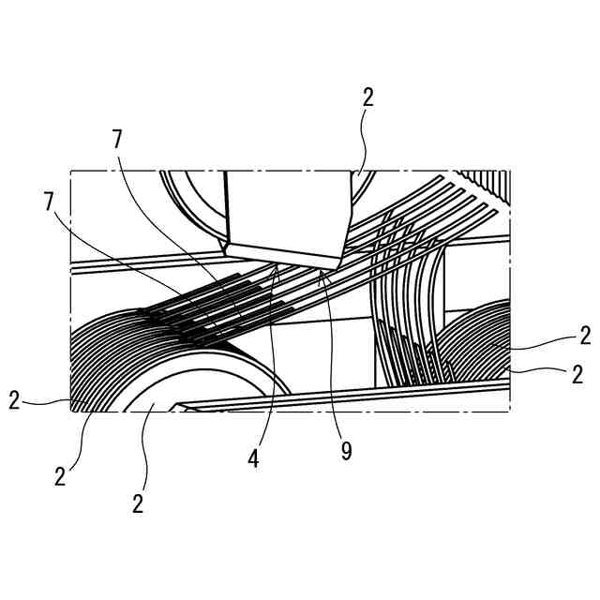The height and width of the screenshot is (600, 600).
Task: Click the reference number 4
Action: (254, 459)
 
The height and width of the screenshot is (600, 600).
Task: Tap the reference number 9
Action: (346, 452)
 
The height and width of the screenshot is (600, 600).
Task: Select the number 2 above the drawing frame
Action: (368, 98)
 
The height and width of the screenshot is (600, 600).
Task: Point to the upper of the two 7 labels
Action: (117, 139)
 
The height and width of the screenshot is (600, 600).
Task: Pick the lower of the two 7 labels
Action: (50, 201)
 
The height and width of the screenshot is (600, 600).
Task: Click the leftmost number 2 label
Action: (15, 400)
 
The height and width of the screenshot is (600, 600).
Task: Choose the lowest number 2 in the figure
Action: (138, 503)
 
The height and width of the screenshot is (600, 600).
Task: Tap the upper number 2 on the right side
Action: (585, 336)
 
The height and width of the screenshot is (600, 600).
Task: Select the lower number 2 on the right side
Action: (577, 375)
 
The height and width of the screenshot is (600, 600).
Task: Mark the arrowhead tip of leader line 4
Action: (277, 264)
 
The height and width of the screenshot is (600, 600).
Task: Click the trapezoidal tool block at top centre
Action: (286, 211)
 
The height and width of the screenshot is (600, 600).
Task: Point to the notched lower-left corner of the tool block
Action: (224, 247)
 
